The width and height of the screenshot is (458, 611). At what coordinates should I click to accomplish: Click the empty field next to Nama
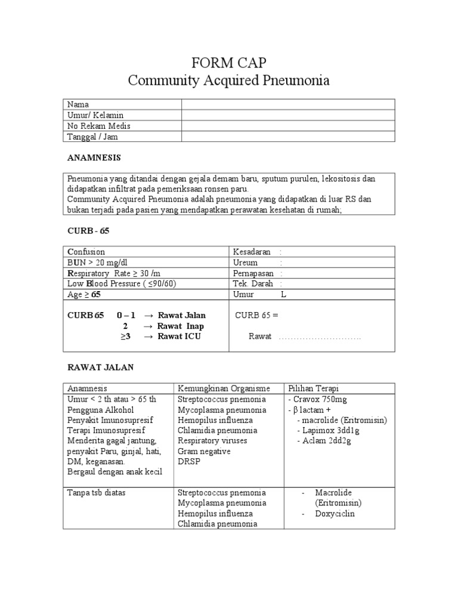288,104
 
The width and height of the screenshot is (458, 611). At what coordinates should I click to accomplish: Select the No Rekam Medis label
99,126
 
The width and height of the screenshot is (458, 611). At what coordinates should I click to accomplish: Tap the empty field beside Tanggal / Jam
288,137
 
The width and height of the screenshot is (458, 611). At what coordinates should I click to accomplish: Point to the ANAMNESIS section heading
94,158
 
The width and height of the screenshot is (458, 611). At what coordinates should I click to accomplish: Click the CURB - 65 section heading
89,230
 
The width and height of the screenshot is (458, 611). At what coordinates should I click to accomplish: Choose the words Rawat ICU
180,337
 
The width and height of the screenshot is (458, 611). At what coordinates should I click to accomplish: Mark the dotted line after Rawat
320,337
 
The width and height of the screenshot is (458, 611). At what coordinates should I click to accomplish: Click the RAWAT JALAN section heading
101,368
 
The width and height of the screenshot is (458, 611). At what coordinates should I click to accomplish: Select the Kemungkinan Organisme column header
223,388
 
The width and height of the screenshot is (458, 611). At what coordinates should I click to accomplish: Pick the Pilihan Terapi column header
313,388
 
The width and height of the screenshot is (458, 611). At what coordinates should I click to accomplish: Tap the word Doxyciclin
335,513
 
